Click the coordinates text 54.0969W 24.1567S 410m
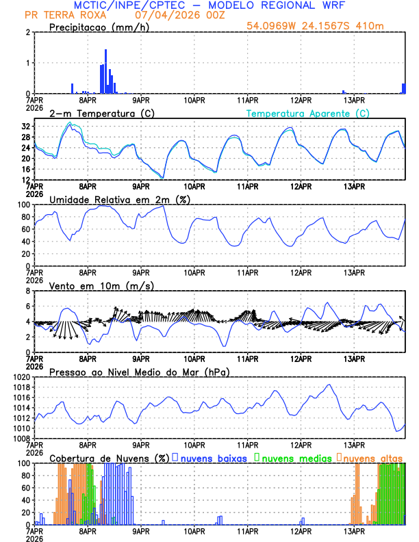[316, 26]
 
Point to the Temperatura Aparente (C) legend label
[307, 114]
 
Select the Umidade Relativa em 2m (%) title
[120, 199]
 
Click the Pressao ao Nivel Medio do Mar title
[139, 372]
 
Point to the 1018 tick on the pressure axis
[25, 387]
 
